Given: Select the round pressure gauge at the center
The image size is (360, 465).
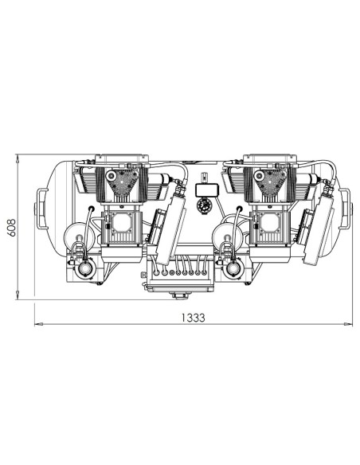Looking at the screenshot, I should pos(202,205).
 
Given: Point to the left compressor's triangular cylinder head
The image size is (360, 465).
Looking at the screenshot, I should pos(120,185).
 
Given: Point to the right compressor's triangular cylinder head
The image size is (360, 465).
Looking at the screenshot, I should pos(268,185).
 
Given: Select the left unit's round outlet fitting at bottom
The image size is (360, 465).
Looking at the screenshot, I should pos(84,268).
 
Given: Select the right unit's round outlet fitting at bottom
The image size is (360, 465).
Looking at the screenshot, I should pos(233,268).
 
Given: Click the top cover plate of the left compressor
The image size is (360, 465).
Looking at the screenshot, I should pos(120,159).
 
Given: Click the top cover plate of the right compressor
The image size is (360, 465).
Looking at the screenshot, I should pos(268,159).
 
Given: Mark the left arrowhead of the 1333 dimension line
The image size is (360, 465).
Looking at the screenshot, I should pos(37,324).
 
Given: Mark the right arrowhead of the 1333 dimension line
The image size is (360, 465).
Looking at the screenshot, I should pos(350,324).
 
